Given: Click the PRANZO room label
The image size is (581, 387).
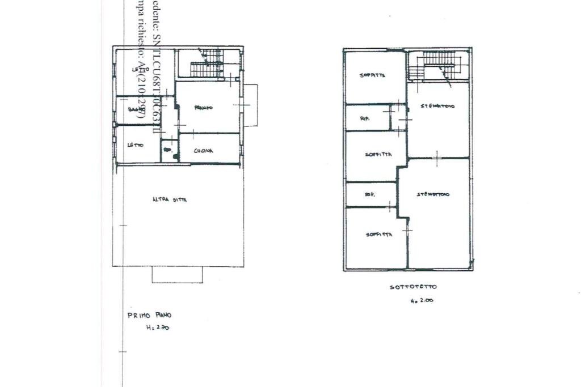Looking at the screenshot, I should pyautogui.click(x=203, y=108).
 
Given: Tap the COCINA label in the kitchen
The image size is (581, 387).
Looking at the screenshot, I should pyautogui.click(x=203, y=151).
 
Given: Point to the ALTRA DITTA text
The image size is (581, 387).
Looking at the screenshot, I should pyautogui.click(x=170, y=199).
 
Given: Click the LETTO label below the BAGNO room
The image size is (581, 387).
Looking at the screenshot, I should pyautogui.click(x=135, y=145).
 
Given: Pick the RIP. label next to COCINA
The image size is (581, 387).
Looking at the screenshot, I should pyautogui.click(x=168, y=150).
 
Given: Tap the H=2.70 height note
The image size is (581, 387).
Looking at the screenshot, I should pyautogui.click(x=158, y=328).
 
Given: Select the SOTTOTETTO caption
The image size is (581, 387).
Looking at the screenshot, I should pyautogui.click(x=413, y=287).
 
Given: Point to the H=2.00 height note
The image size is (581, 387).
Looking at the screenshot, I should pyautogui.click(x=422, y=301).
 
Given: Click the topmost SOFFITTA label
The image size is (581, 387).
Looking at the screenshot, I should pyautogui.click(x=373, y=75).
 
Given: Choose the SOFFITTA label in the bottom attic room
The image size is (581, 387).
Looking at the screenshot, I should pyautogui.click(x=378, y=235).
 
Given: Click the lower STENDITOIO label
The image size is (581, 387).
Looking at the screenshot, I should pyautogui.click(x=433, y=194).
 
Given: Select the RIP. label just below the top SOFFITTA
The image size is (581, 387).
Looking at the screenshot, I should pyautogui.click(x=366, y=119).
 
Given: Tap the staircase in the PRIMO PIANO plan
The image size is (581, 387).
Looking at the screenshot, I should pyautogui.click(x=206, y=63).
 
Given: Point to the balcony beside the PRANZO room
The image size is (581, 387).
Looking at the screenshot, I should pyautogui.click(x=250, y=105).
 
